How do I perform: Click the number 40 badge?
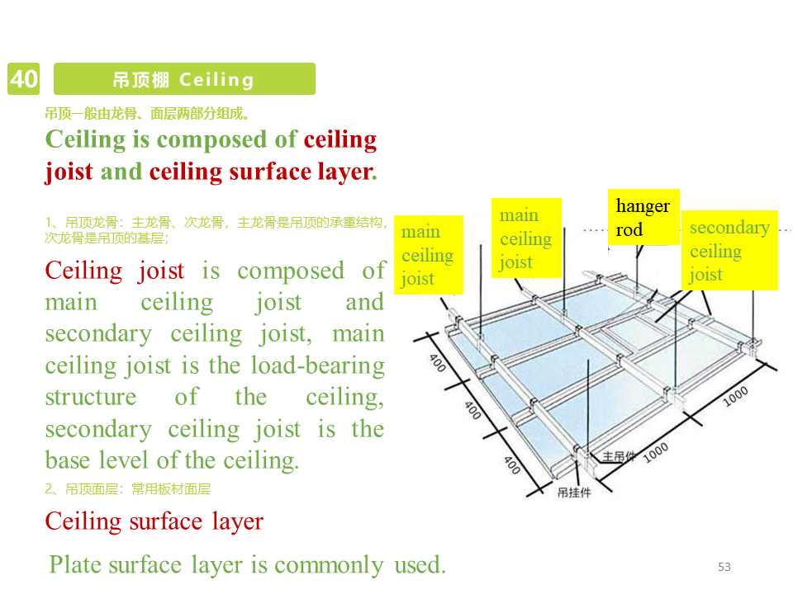click(23, 79)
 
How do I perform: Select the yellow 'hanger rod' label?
click(643, 218)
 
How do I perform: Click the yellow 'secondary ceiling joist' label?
click(729, 251)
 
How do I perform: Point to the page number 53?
click(724, 567)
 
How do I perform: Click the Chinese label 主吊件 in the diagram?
click(620, 456)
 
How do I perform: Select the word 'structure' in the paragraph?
click(90, 397)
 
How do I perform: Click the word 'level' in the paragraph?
click(129, 460)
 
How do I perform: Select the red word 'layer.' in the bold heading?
click(345, 172)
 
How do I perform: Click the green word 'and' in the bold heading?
click(121, 172)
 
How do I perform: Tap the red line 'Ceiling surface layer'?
click(154, 521)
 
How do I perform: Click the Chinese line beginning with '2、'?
click(128, 489)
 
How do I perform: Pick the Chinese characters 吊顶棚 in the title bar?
click(140, 80)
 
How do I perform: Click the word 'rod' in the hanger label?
click(629, 230)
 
